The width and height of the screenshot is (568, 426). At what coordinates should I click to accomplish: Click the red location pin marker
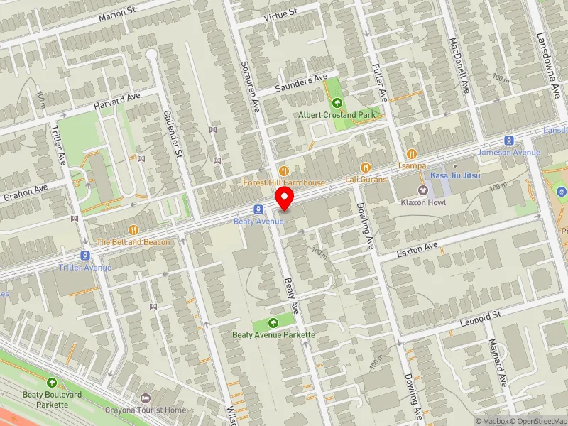pos(285,199)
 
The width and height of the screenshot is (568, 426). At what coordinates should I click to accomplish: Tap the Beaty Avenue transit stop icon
pos(258,209)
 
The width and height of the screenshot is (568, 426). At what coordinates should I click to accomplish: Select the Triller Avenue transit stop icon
pos(85,256)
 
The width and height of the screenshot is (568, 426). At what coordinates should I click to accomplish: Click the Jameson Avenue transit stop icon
pos(509,141)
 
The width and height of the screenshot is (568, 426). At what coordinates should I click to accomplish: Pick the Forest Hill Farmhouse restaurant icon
pos(284,170)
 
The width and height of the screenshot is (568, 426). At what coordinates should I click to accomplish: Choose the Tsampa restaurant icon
pos(411,154)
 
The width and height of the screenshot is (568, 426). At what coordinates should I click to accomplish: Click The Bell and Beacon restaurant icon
pos(133,230)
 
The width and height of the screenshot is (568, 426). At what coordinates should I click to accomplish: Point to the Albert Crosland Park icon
pos(337,103)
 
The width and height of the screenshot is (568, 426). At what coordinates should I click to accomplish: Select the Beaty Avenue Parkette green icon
pos(273,323)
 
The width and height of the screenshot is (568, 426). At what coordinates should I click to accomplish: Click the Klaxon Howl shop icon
pos(424,190)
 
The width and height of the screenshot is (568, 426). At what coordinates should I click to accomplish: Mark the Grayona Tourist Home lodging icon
pos(146,398)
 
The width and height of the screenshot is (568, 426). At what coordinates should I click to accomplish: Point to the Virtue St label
pos(280,13)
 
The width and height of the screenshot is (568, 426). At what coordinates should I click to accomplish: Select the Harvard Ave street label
pos(119,101)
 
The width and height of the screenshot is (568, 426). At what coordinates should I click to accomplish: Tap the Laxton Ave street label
pos(418,248)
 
